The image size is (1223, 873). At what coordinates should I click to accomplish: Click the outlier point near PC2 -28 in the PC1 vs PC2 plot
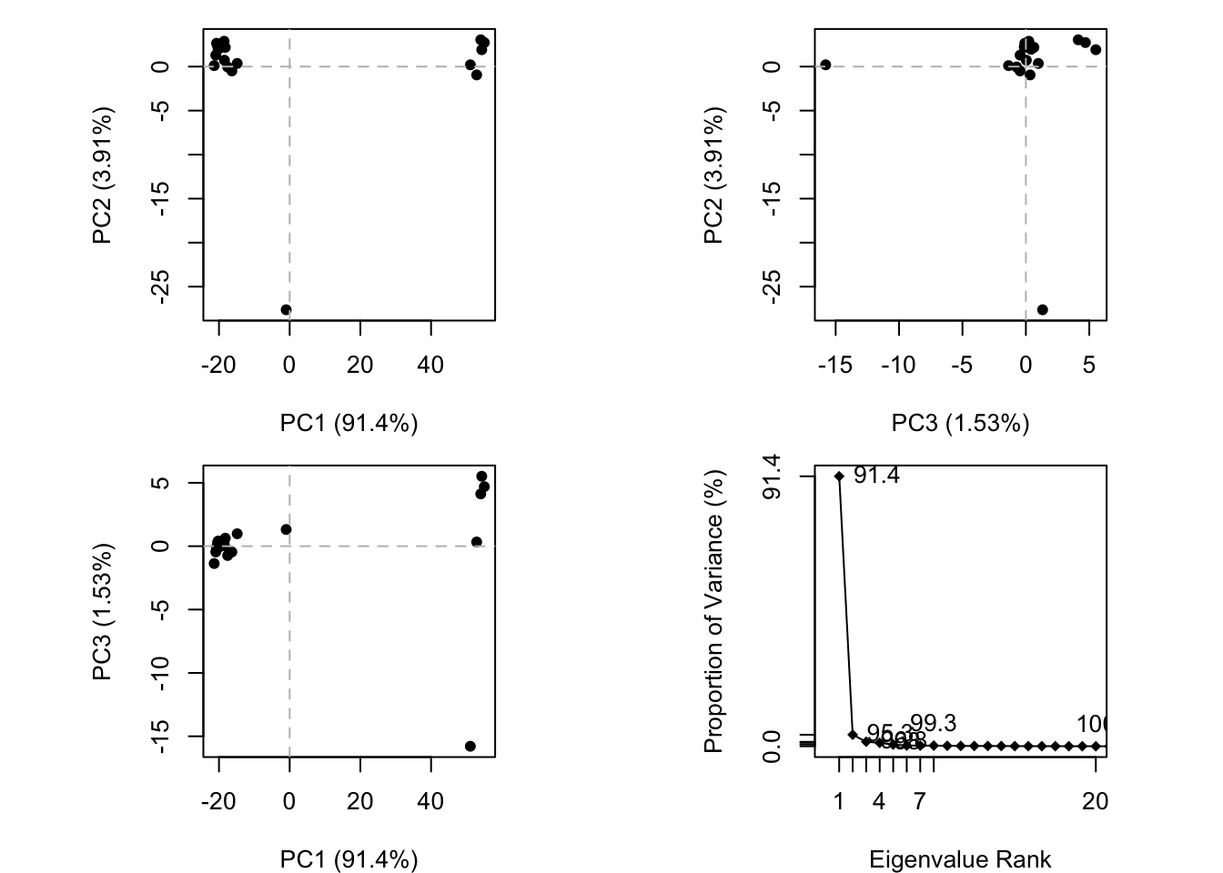286,310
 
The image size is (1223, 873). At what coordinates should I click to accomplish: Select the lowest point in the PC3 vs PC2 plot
1042,310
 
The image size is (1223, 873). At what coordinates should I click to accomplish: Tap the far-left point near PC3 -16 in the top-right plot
825,65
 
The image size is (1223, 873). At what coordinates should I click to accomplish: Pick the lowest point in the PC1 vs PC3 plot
470,747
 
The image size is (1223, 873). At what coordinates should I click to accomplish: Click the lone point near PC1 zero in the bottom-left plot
286,529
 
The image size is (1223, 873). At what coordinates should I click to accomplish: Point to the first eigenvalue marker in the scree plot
839,476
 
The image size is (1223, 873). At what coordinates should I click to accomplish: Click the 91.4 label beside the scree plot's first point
876,476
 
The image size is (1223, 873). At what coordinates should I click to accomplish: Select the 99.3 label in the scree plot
933,724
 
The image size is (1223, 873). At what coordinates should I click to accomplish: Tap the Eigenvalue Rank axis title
960,859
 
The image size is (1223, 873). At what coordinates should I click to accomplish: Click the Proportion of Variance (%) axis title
714,611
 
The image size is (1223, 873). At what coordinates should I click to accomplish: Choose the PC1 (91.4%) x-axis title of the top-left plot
349,423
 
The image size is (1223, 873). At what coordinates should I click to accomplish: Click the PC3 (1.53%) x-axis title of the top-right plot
960,423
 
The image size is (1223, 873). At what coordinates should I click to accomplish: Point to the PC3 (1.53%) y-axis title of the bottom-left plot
103,611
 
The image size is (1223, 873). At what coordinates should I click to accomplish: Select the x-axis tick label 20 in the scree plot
1096,802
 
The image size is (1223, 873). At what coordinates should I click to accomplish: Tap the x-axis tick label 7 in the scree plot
920,802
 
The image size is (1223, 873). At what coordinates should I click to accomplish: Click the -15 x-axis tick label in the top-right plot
834,366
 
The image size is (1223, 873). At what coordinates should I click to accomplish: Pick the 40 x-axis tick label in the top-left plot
430,366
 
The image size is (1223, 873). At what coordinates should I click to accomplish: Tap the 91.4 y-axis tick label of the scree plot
772,476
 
